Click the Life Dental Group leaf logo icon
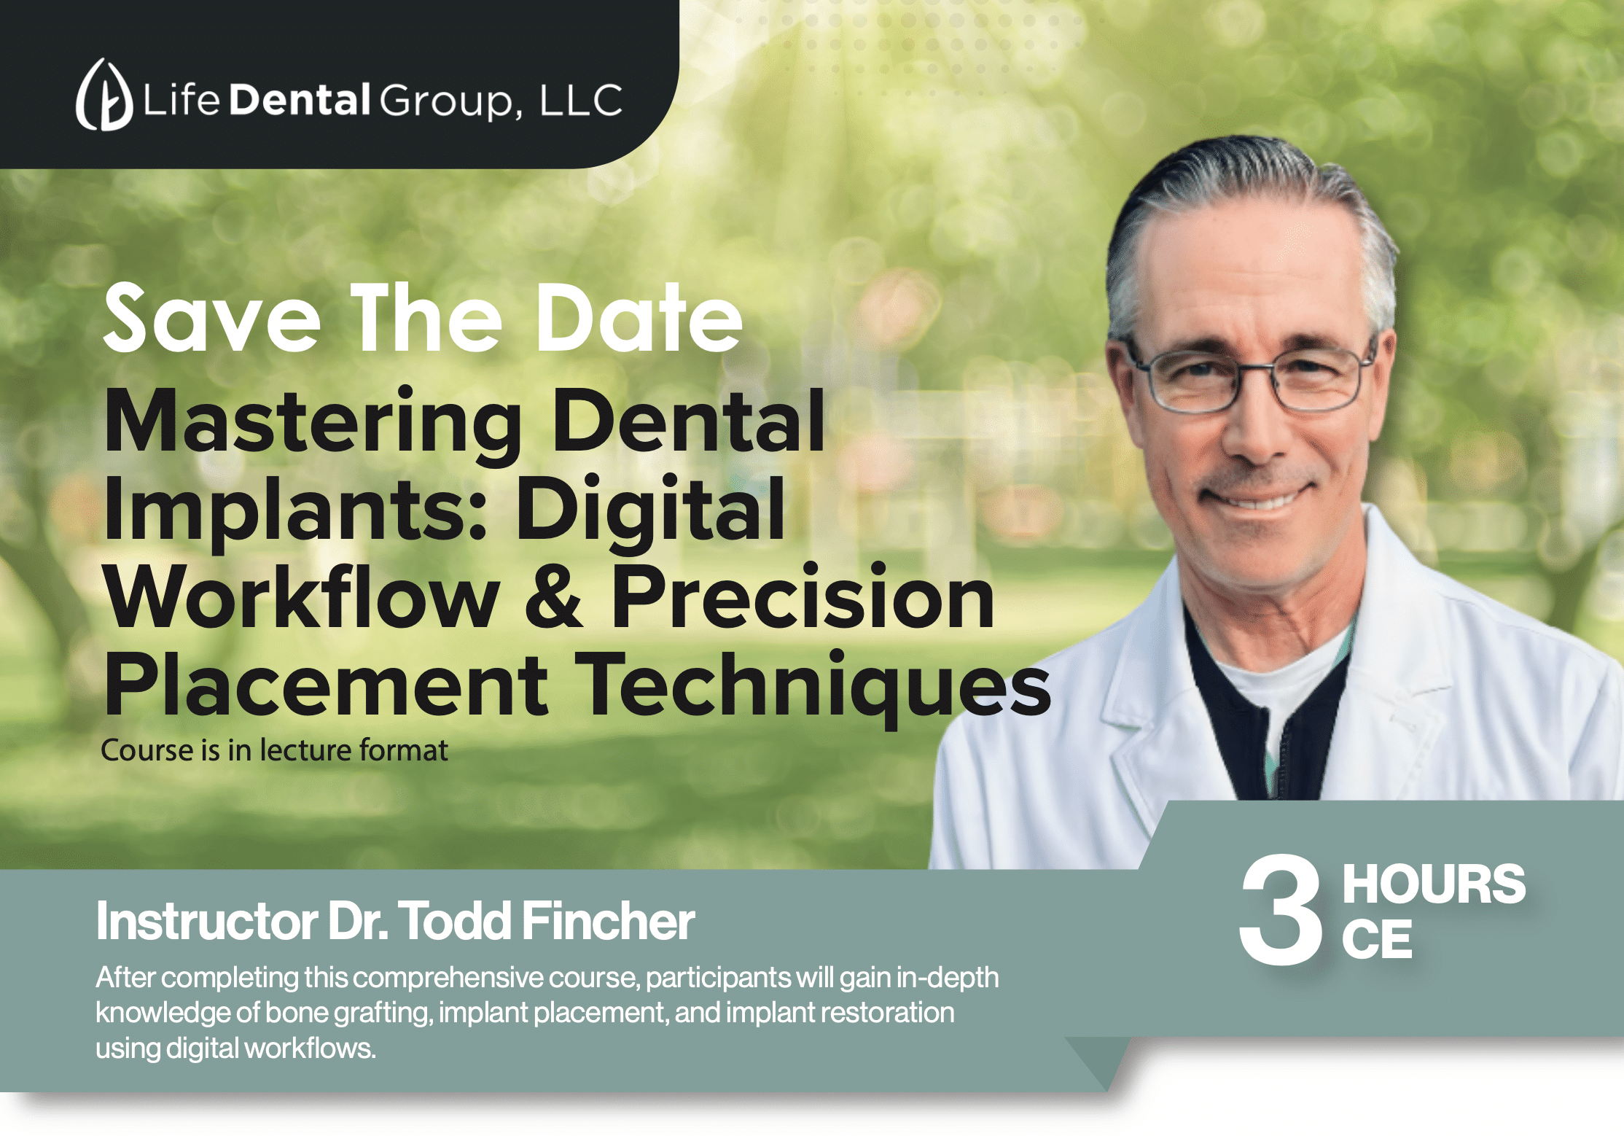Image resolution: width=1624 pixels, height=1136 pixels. click(x=104, y=95)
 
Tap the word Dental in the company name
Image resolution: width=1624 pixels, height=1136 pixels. click(x=300, y=99)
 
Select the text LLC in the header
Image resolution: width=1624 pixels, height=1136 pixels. click(x=581, y=100)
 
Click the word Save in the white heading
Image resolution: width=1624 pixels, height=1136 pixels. click(x=211, y=318)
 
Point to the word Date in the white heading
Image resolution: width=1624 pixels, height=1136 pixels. click(x=639, y=318)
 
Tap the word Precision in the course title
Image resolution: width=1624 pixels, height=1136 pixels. click(x=803, y=595)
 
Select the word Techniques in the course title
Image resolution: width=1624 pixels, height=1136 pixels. click(x=813, y=685)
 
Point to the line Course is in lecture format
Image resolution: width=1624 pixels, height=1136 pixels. click(x=274, y=750)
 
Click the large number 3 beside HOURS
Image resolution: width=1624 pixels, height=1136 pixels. click(x=1281, y=909)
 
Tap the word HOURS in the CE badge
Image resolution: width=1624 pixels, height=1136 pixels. click(x=1434, y=884)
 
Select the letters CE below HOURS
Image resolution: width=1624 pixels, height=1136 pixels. click(x=1377, y=939)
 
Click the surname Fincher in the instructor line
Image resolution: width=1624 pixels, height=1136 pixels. click(x=609, y=921)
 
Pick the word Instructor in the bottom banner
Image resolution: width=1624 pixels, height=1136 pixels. click(x=207, y=921)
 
